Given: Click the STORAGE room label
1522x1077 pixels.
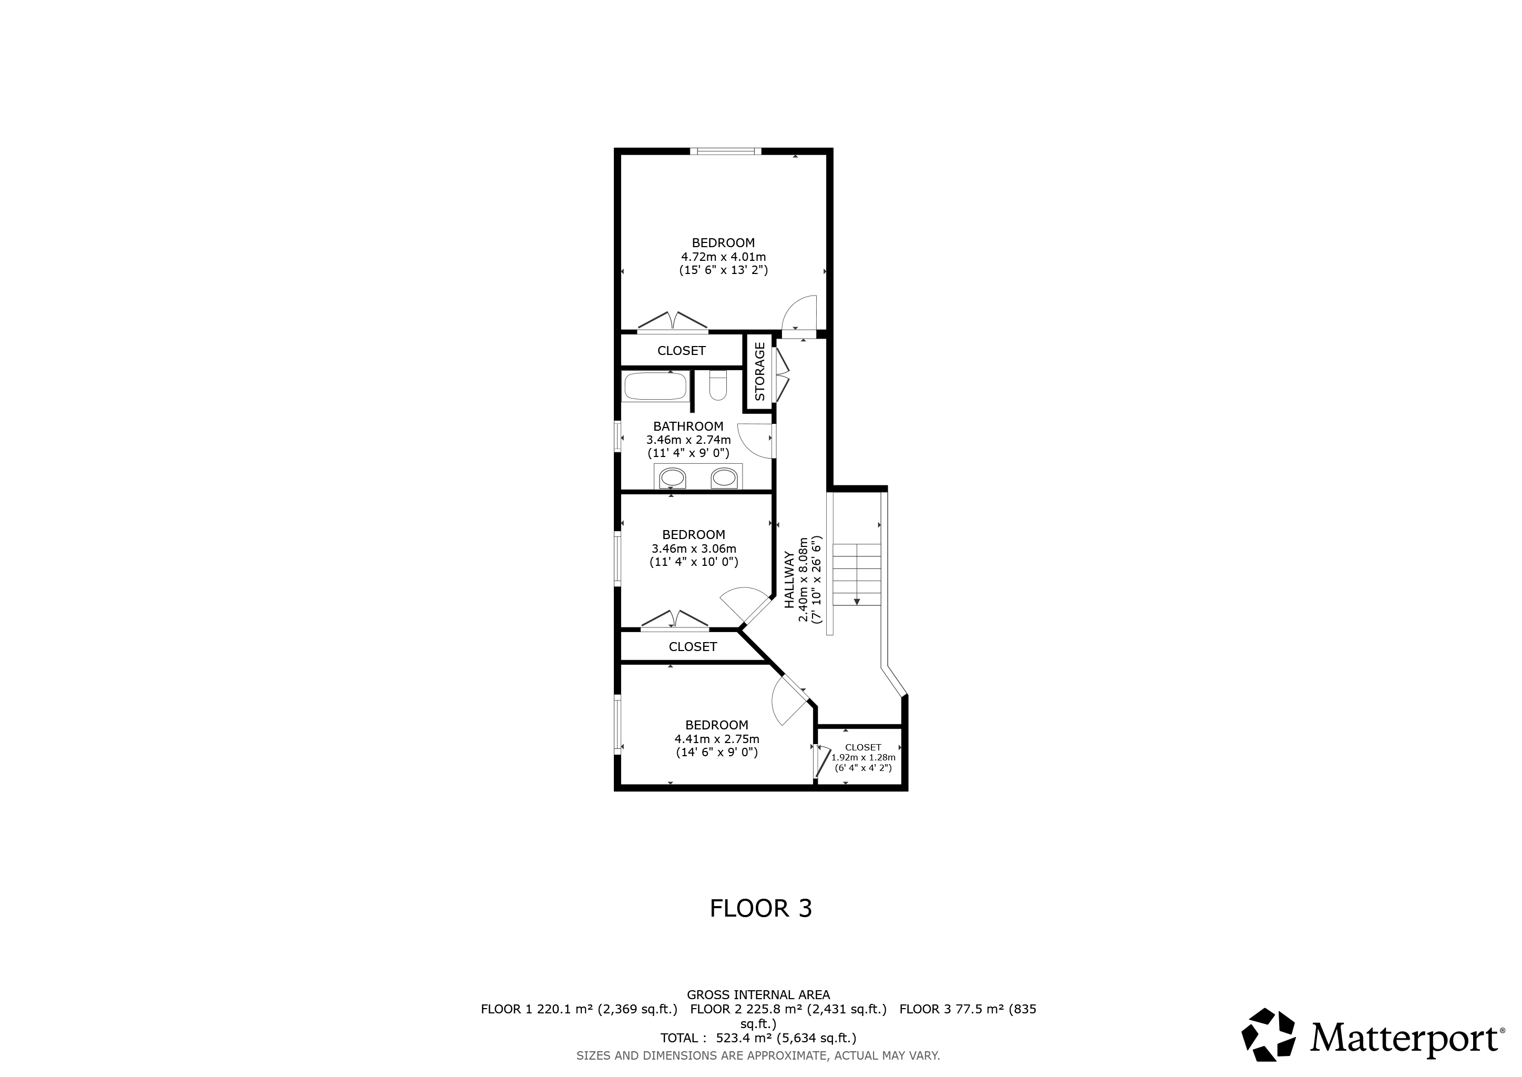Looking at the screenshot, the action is [759, 371].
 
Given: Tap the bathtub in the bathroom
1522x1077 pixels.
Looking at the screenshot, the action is [655, 387].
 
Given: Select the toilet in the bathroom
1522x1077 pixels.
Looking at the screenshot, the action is [718, 385].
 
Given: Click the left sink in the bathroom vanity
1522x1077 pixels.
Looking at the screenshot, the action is [673, 478].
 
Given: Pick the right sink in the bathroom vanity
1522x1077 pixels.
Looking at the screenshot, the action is [724, 478].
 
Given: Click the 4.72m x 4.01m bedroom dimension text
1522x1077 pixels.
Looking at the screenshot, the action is [723, 257].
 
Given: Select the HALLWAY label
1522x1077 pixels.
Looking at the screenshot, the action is [789, 580].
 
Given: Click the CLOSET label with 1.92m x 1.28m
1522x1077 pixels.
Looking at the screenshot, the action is [863, 747].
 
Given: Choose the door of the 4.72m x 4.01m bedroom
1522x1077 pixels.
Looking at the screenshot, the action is [799, 313].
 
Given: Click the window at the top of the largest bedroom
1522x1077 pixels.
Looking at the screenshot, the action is [726, 151].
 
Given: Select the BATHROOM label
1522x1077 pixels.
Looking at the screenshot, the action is [688, 426].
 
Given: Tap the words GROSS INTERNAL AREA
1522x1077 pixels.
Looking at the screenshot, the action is [758, 995].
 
